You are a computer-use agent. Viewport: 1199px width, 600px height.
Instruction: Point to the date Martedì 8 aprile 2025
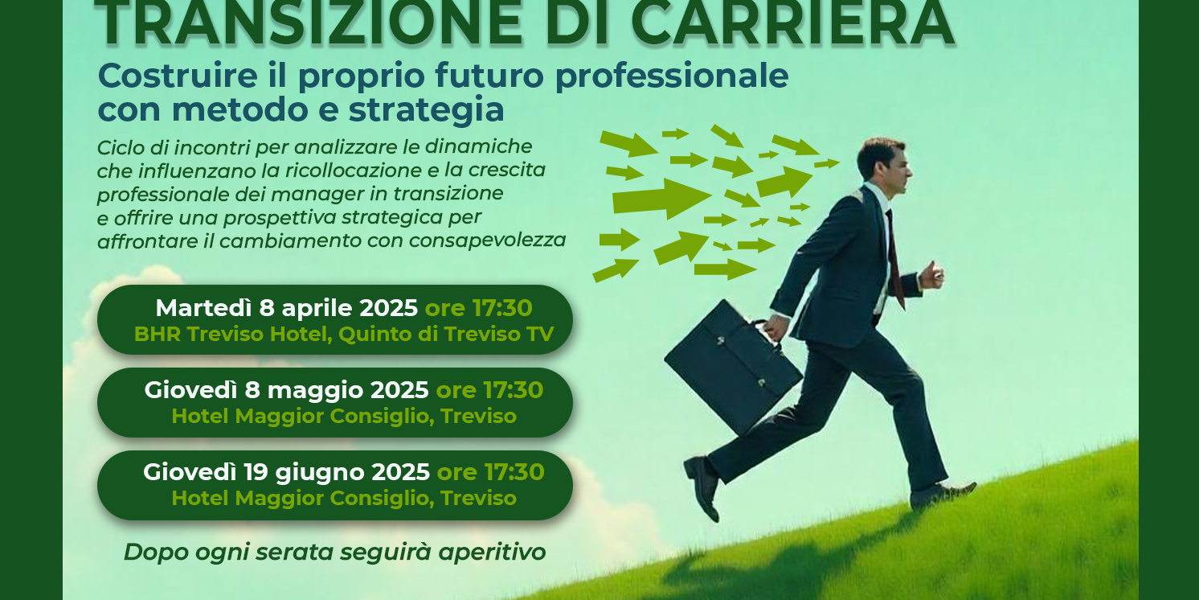(x=286, y=308)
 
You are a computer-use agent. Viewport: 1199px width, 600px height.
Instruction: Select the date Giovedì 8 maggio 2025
(x=286, y=390)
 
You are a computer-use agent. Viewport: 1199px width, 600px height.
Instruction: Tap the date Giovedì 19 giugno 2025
(x=286, y=472)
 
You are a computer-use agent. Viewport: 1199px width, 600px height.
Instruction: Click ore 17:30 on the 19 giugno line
(x=490, y=472)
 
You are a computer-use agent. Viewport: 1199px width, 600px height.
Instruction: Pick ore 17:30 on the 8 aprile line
(x=478, y=308)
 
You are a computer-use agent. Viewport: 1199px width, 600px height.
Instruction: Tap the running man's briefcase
(x=732, y=366)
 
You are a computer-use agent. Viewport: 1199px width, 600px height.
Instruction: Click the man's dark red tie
(x=894, y=257)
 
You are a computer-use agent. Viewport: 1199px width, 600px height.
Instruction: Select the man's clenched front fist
(x=931, y=275)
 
